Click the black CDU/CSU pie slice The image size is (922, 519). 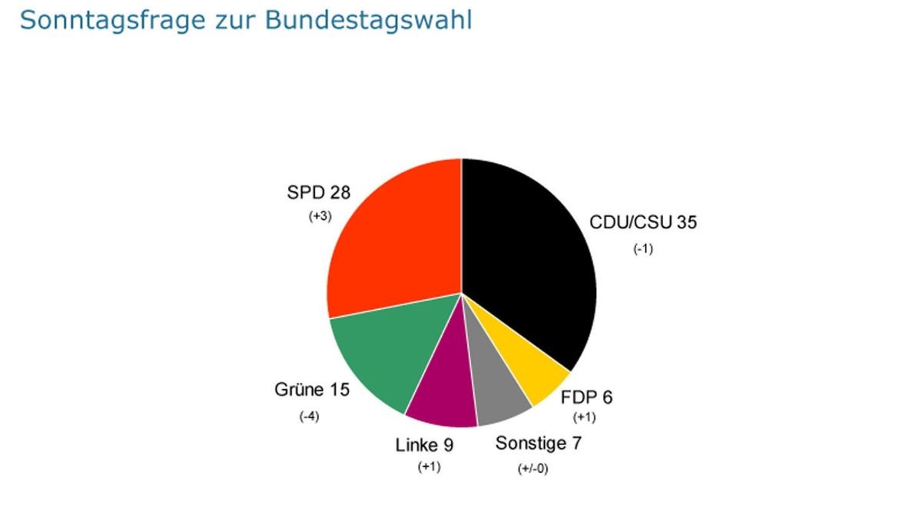click(530, 254)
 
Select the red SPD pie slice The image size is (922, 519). click(392, 238)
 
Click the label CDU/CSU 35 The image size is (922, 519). click(643, 223)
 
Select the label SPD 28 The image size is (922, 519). click(319, 192)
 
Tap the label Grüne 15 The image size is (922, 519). click(312, 390)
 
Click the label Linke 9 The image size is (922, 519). click(425, 444)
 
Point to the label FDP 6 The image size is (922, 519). click(587, 398)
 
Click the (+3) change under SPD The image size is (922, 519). click(320, 217)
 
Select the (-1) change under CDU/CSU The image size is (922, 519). click(643, 248)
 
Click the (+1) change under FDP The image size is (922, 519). click(585, 418)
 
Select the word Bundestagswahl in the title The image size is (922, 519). click(369, 21)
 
